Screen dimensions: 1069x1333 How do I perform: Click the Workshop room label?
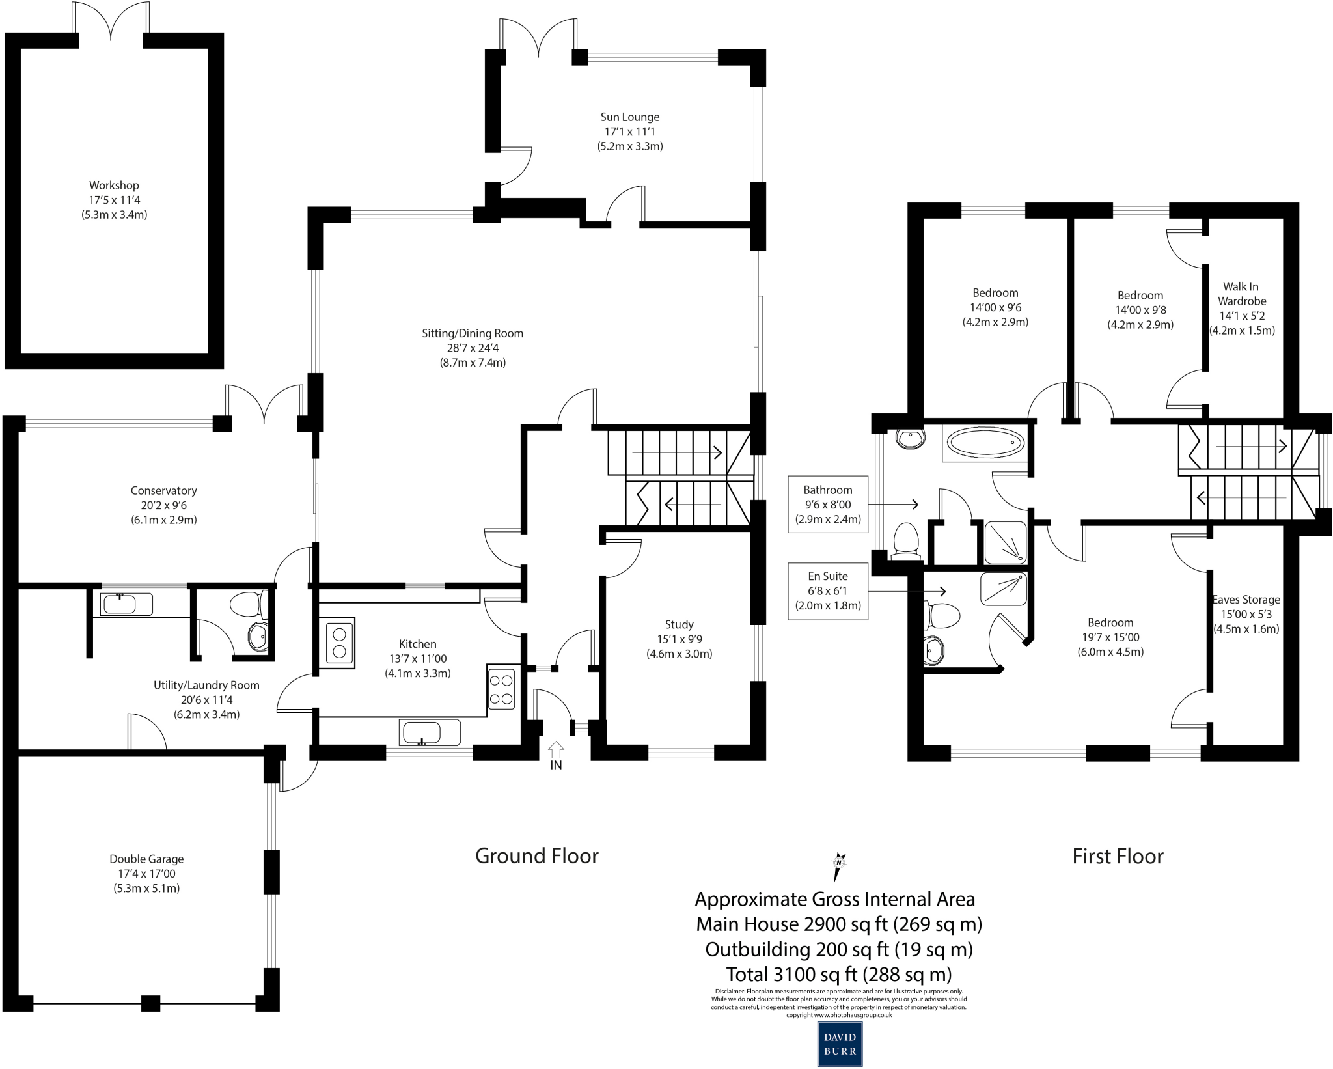coord(114,186)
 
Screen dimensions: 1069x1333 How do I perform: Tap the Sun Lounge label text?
coord(629,117)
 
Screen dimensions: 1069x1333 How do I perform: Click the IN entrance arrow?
coord(556,749)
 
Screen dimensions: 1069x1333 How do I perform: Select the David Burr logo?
coord(840,1044)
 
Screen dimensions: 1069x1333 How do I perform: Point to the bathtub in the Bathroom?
coord(985,443)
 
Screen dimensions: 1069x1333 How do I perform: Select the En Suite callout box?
coord(828,591)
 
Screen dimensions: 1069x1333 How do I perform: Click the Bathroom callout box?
coord(828,505)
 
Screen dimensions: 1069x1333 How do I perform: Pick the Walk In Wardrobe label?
coord(1241,294)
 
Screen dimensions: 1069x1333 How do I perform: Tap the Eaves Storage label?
coord(1246,600)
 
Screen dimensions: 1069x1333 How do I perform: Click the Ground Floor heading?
coord(536,855)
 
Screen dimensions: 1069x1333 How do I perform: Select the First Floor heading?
coord(1118,856)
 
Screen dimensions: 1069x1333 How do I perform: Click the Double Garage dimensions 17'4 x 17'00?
coord(146,874)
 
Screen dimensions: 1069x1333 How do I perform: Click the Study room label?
coord(679,624)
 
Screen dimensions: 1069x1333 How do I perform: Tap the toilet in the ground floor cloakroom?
coord(247,604)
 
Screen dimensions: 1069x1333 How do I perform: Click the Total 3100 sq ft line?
coord(838,974)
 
